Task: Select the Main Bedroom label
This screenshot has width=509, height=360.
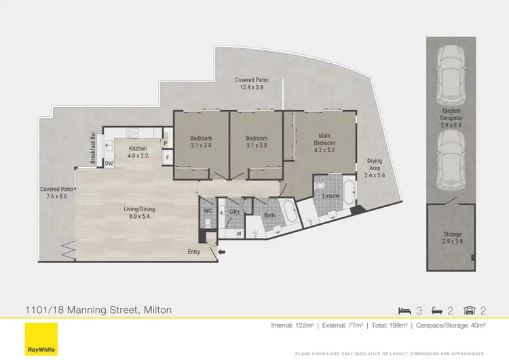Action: tap(324, 139)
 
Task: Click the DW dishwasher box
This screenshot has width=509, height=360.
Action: tap(109, 163)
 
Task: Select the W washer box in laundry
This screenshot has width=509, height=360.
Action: tap(239, 234)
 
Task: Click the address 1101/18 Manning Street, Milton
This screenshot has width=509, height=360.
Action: tap(98, 310)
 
